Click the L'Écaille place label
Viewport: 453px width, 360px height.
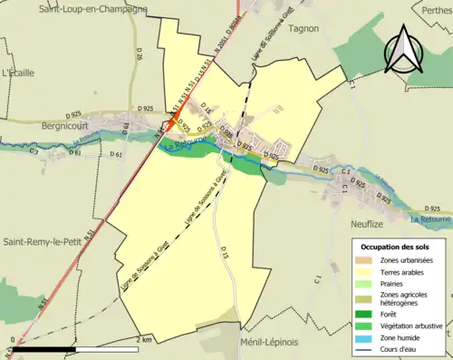coord(18,71)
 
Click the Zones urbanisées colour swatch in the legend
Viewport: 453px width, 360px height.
coord(366,261)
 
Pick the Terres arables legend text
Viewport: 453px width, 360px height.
coord(406,275)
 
